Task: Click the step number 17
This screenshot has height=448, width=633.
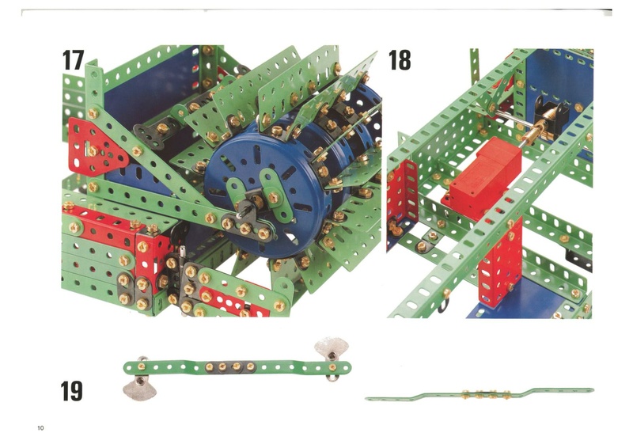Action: [x=73, y=60]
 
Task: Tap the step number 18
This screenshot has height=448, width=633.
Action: [x=400, y=60]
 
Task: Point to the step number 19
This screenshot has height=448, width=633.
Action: [x=72, y=391]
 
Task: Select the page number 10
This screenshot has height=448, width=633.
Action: [x=40, y=428]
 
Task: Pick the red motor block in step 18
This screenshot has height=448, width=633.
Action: [x=482, y=178]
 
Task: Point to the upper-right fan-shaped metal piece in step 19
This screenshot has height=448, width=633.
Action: [x=332, y=347]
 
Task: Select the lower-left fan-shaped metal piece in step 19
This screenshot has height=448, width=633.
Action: [x=139, y=388]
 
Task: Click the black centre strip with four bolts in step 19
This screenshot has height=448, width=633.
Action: [x=229, y=366]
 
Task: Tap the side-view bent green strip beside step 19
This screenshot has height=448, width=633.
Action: [x=479, y=393]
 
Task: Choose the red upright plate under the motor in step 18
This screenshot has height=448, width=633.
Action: [x=501, y=267]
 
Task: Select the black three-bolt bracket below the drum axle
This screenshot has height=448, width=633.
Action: [x=246, y=227]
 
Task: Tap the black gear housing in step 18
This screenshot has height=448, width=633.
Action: [x=551, y=114]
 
